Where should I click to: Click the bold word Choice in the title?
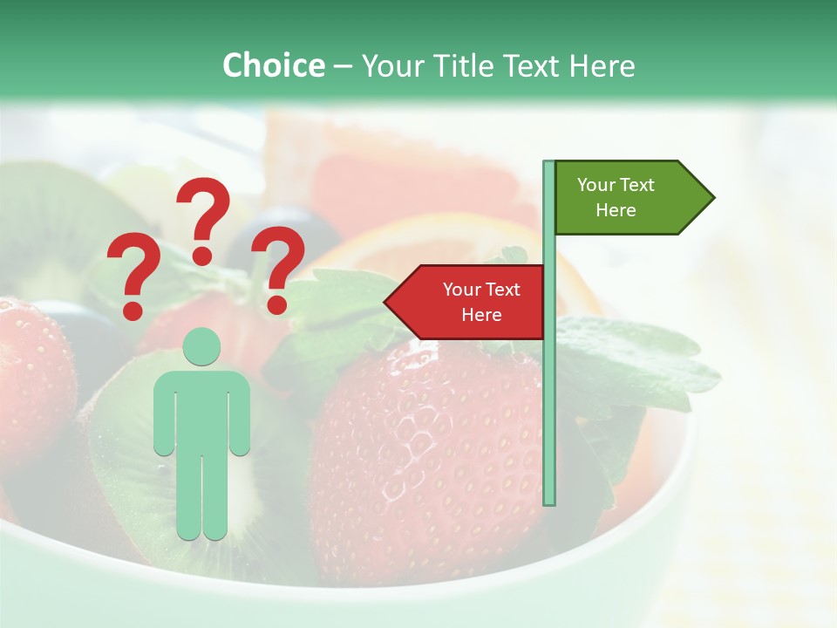[273, 66]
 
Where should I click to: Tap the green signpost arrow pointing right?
[628, 198]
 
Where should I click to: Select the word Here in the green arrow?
[616, 210]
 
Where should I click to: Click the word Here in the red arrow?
[481, 315]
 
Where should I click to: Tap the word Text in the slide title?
[531, 66]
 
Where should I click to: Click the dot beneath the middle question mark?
[202, 256]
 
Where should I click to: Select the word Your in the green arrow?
[596, 185]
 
